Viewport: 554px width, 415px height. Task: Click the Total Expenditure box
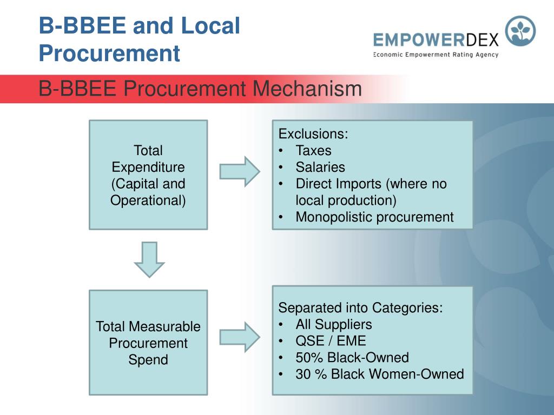coord(148,175)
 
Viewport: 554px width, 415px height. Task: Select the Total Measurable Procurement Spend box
coord(148,343)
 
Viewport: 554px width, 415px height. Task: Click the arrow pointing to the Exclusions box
coord(240,171)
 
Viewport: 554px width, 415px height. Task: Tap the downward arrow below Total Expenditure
coord(149,259)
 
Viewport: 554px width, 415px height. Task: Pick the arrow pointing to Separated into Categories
coord(240,337)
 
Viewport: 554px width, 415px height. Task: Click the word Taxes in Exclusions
coord(313,151)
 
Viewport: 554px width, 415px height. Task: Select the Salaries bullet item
coord(320,168)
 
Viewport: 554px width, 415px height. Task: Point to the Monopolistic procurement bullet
coord(374,217)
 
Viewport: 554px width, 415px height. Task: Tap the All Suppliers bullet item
coord(333,325)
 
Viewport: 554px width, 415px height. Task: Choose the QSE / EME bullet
coord(331,341)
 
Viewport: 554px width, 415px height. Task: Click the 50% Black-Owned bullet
coord(352,358)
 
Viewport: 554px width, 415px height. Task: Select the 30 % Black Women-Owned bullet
coord(379,374)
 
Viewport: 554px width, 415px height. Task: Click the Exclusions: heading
coord(313,134)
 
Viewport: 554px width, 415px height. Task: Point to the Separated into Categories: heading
coord(360,308)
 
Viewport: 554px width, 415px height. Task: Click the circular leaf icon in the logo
coord(520,31)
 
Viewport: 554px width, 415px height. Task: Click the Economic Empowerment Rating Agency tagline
coord(436,55)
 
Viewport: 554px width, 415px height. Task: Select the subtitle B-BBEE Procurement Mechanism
coord(200,89)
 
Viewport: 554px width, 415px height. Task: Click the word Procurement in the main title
coord(109,53)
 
